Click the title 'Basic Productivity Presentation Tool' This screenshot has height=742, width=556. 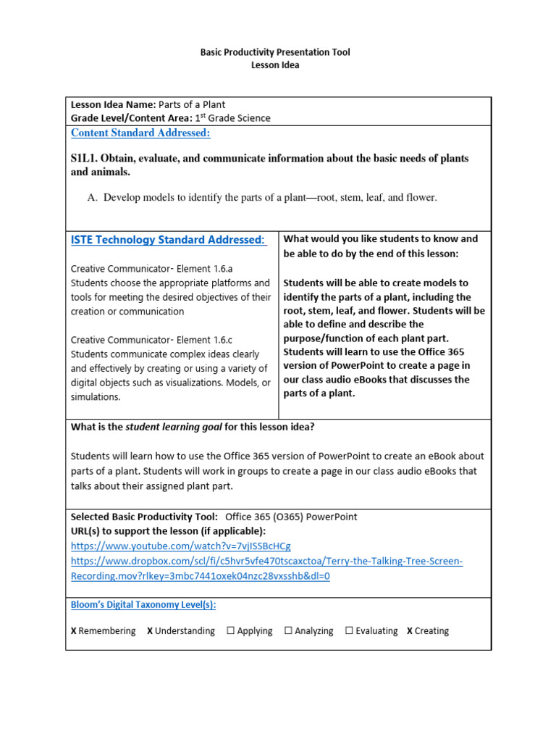click(274, 52)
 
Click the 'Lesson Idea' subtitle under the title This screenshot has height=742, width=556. click(274, 65)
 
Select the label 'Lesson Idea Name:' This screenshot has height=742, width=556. click(113, 104)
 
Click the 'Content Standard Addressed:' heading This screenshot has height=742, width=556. click(140, 133)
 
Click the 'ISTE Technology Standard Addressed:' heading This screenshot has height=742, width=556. click(168, 240)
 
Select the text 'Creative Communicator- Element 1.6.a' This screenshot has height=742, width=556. click(151, 269)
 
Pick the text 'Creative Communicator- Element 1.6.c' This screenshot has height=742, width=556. click(151, 339)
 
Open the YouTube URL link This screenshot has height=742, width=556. click(180, 546)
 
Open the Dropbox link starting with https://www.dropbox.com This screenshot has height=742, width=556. click(266, 562)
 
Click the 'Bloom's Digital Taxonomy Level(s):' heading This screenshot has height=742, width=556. click(143, 604)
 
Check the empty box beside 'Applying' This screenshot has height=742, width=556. click(231, 631)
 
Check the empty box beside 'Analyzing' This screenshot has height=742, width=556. click(288, 631)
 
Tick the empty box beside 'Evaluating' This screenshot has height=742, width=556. click(349, 631)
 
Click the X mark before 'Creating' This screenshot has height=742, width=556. click(410, 631)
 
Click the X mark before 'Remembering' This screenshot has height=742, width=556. click(74, 631)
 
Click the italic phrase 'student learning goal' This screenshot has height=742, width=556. click(174, 427)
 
